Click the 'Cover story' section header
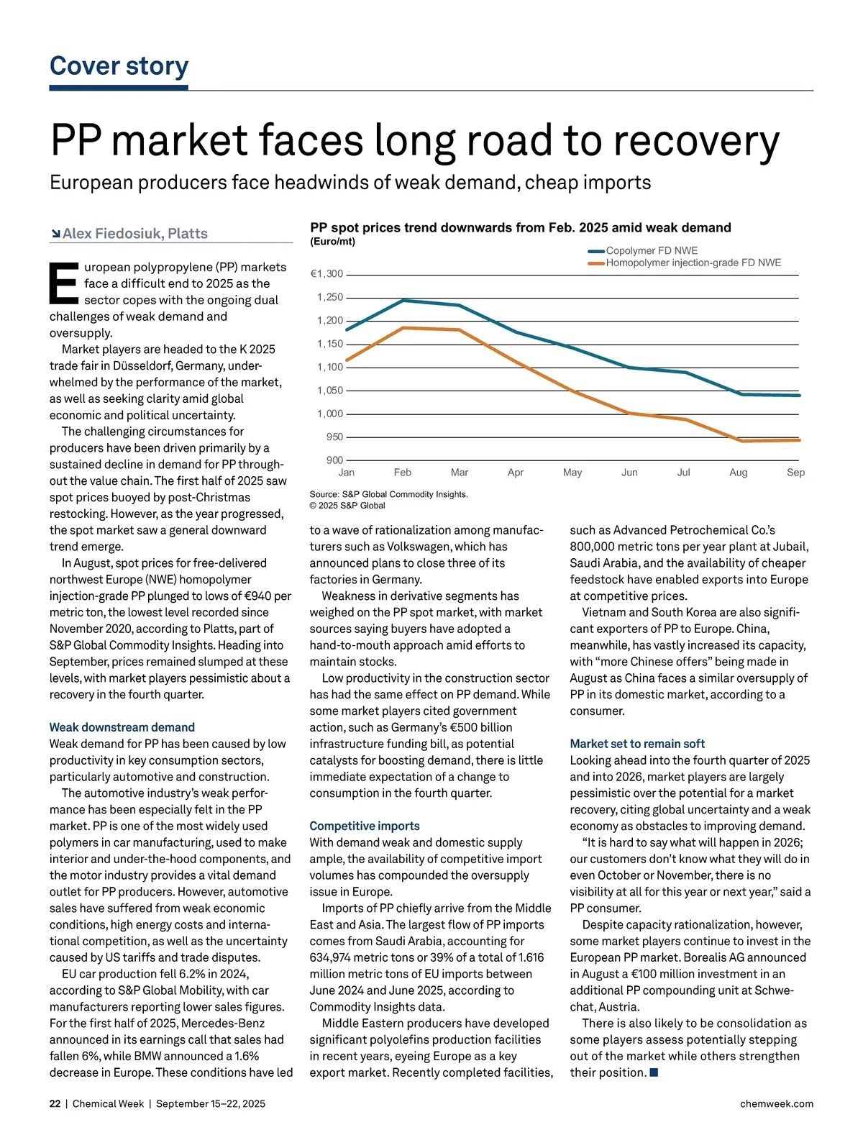[x=119, y=66]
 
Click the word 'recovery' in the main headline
[x=695, y=141]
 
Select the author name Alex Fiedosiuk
[x=134, y=234]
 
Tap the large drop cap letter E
[x=63, y=284]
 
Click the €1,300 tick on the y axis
[x=327, y=274]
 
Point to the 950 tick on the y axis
[x=334, y=437]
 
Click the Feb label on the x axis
[x=403, y=473]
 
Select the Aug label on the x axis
[x=739, y=473]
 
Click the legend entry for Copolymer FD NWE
[x=652, y=251]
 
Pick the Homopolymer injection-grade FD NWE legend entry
[x=693, y=263]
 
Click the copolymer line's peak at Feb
[x=403, y=300]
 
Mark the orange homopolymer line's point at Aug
[x=741, y=441]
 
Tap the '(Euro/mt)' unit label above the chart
[x=332, y=242]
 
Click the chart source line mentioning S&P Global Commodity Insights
[x=388, y=495]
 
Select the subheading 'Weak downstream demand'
[x=122, y=727]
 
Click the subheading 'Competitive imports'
[x=365, y=826]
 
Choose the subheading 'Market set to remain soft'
[x=637, y=744]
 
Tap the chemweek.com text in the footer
[x=777, y=1104]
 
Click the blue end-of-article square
[x=654, y=1073]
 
